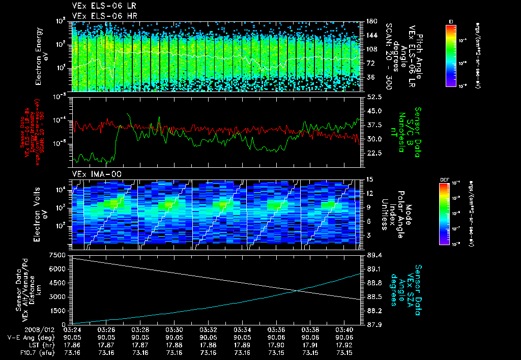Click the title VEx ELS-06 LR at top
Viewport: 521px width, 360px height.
(98, 6)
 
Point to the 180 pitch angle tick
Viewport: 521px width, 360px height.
(371, 21)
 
